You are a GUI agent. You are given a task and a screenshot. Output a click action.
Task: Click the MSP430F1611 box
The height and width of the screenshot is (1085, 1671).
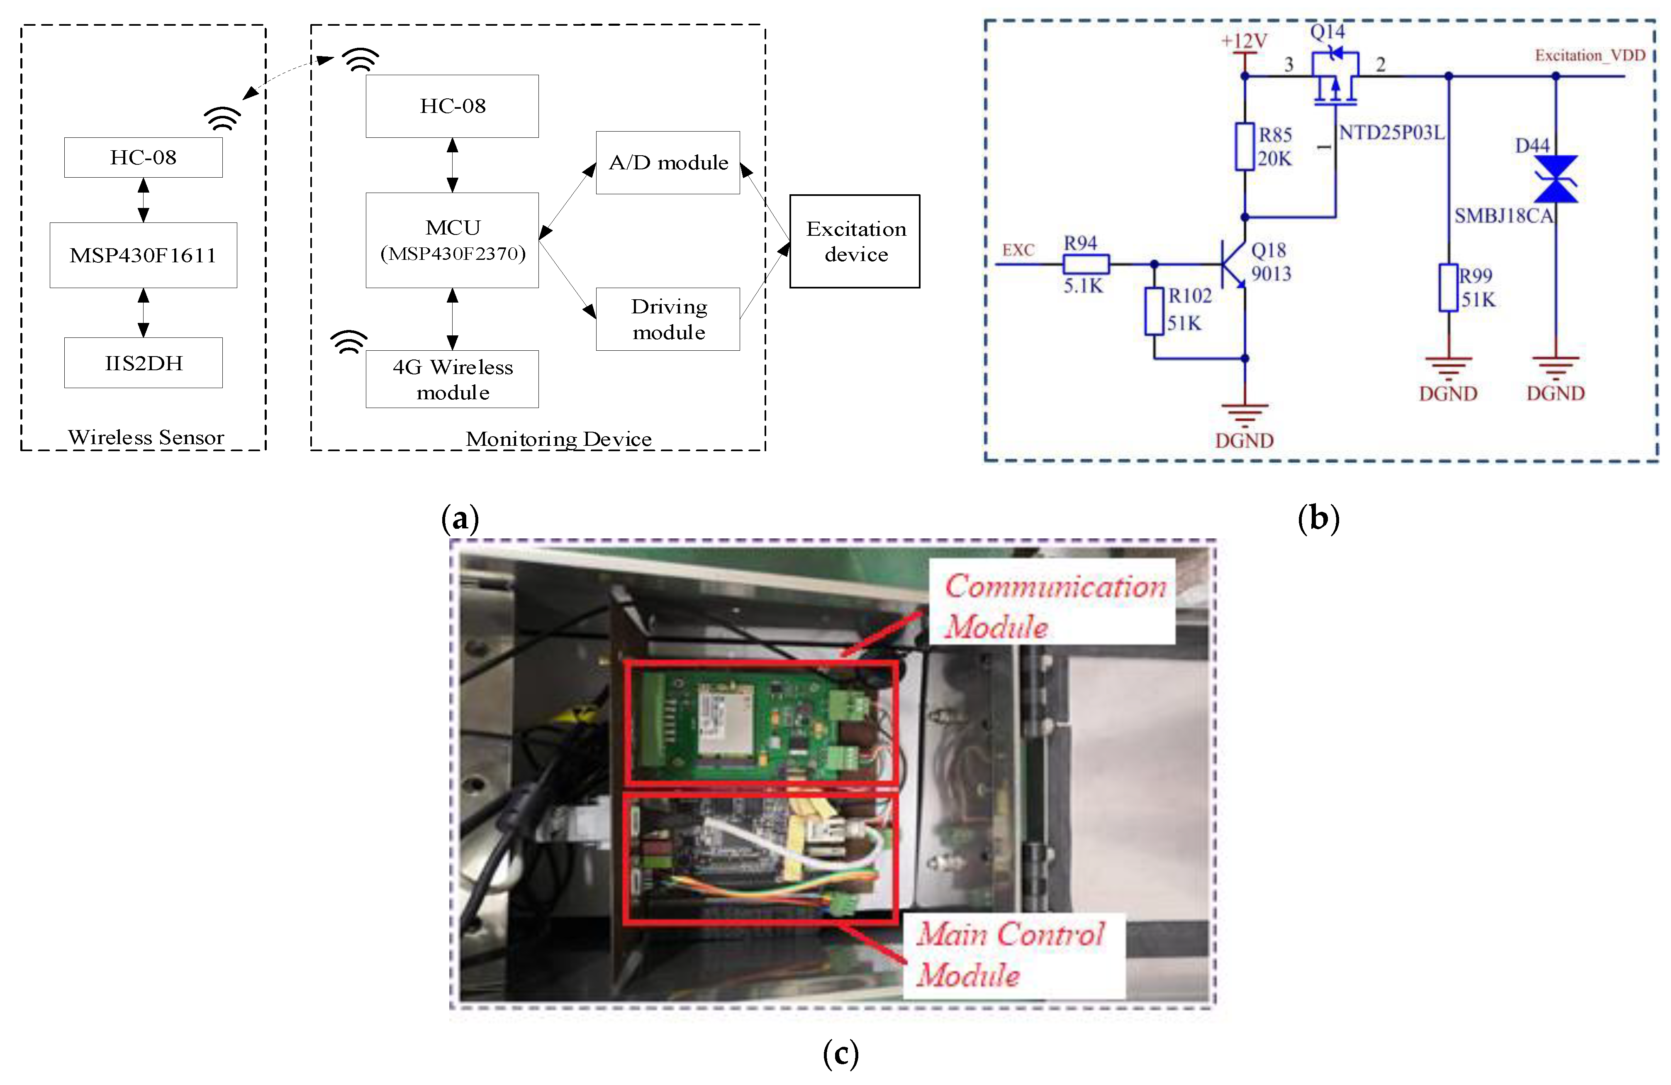(143, 255)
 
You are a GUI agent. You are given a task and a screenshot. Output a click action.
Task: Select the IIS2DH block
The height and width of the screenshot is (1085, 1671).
(143, 362)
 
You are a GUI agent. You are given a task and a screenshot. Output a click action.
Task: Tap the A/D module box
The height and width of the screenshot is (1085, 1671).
(668, 162)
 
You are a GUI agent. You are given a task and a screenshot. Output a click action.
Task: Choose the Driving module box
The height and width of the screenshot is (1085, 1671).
(668, 319)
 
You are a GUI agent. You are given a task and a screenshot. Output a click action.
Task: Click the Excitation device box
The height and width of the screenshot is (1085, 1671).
(855, 241)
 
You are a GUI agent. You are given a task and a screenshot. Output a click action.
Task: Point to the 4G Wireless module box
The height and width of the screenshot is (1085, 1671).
(452, 379)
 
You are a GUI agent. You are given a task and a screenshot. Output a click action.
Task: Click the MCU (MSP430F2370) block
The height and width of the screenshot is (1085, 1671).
(452, 240)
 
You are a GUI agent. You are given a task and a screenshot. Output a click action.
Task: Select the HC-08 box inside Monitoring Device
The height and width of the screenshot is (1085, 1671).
(452, 106)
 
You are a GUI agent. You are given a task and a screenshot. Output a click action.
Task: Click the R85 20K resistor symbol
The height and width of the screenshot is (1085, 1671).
(1245, 146)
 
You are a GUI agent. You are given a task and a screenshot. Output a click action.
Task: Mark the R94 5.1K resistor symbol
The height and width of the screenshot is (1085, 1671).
(1086, 264)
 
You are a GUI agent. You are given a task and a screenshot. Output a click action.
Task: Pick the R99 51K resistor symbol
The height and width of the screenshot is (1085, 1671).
(1448, 287)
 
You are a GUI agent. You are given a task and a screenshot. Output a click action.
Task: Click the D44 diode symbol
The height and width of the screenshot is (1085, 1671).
(1556, 179)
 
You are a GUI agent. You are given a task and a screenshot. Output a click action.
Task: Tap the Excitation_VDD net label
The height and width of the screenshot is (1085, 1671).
(1590, 56)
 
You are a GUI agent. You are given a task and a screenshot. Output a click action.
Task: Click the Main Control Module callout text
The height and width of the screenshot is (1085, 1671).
(1010, 954)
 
